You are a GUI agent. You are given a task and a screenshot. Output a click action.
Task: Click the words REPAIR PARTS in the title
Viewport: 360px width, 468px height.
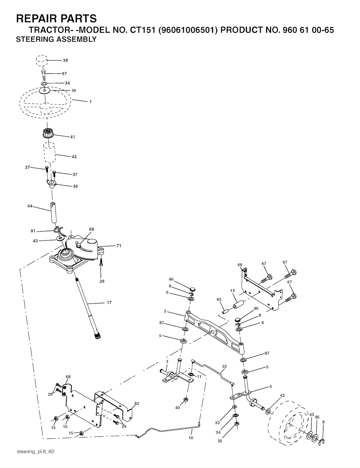point(56,18)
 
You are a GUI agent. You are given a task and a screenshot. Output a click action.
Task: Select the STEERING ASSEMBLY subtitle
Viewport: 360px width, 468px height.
point(56,39)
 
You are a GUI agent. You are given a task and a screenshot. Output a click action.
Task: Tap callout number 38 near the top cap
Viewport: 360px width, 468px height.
point(65,60)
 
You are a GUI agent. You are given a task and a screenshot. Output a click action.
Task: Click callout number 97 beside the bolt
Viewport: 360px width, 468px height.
point(64,74)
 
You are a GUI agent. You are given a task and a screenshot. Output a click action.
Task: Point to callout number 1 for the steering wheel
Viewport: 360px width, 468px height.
point(90,102)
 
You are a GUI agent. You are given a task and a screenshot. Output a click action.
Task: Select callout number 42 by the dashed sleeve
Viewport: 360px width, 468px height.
point(74,157)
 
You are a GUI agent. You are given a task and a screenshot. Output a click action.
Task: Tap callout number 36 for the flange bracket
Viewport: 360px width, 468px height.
point(75,187)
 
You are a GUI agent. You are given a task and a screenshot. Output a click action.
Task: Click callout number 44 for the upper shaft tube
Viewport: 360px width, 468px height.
point(30,206)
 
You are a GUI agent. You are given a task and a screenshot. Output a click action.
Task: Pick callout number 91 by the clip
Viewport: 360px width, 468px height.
point(33,231)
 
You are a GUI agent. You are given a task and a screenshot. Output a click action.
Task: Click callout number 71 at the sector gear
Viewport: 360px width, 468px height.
point(119,246)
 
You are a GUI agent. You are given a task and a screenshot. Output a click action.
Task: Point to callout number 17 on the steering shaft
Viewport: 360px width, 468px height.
point(109,303)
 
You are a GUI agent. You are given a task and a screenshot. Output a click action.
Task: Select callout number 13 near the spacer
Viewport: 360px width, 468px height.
point(232,291)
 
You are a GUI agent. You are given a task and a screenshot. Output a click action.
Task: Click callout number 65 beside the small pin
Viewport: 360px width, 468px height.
point(219,299)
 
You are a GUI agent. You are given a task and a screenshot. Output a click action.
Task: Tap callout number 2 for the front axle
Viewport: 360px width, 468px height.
point(165,311)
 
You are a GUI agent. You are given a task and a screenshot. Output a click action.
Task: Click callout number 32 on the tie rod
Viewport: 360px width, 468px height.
point(224,366)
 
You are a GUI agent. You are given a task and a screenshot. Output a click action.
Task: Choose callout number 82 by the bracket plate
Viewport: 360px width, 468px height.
point(137,403)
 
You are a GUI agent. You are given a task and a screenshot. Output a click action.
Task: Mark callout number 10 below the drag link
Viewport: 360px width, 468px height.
point(191,438)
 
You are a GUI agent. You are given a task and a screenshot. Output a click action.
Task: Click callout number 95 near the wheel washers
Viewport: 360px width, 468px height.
point(317,417)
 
